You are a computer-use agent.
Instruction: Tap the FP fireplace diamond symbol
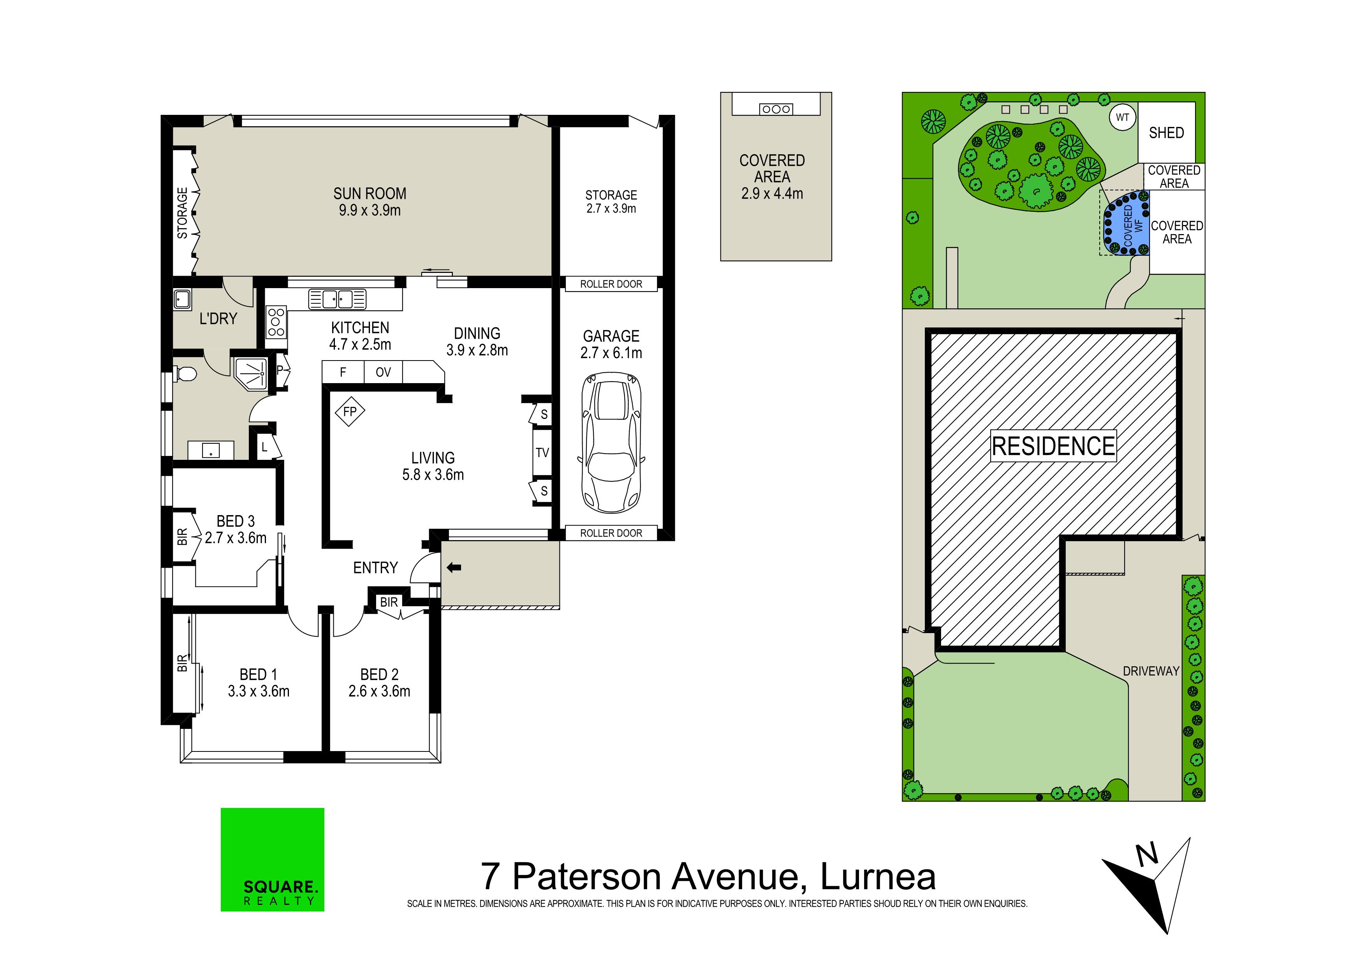[350, 411]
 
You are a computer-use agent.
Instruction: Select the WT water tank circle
[1122, 117]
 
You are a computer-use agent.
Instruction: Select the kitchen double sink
[337, 299]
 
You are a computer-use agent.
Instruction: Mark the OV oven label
[383, 372]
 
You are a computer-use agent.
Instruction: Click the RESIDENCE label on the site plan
[1054, 446]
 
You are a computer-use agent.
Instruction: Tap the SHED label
[1166, 133]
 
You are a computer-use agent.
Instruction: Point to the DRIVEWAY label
[1151, 671]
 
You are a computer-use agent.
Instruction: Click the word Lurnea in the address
[878, 876]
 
